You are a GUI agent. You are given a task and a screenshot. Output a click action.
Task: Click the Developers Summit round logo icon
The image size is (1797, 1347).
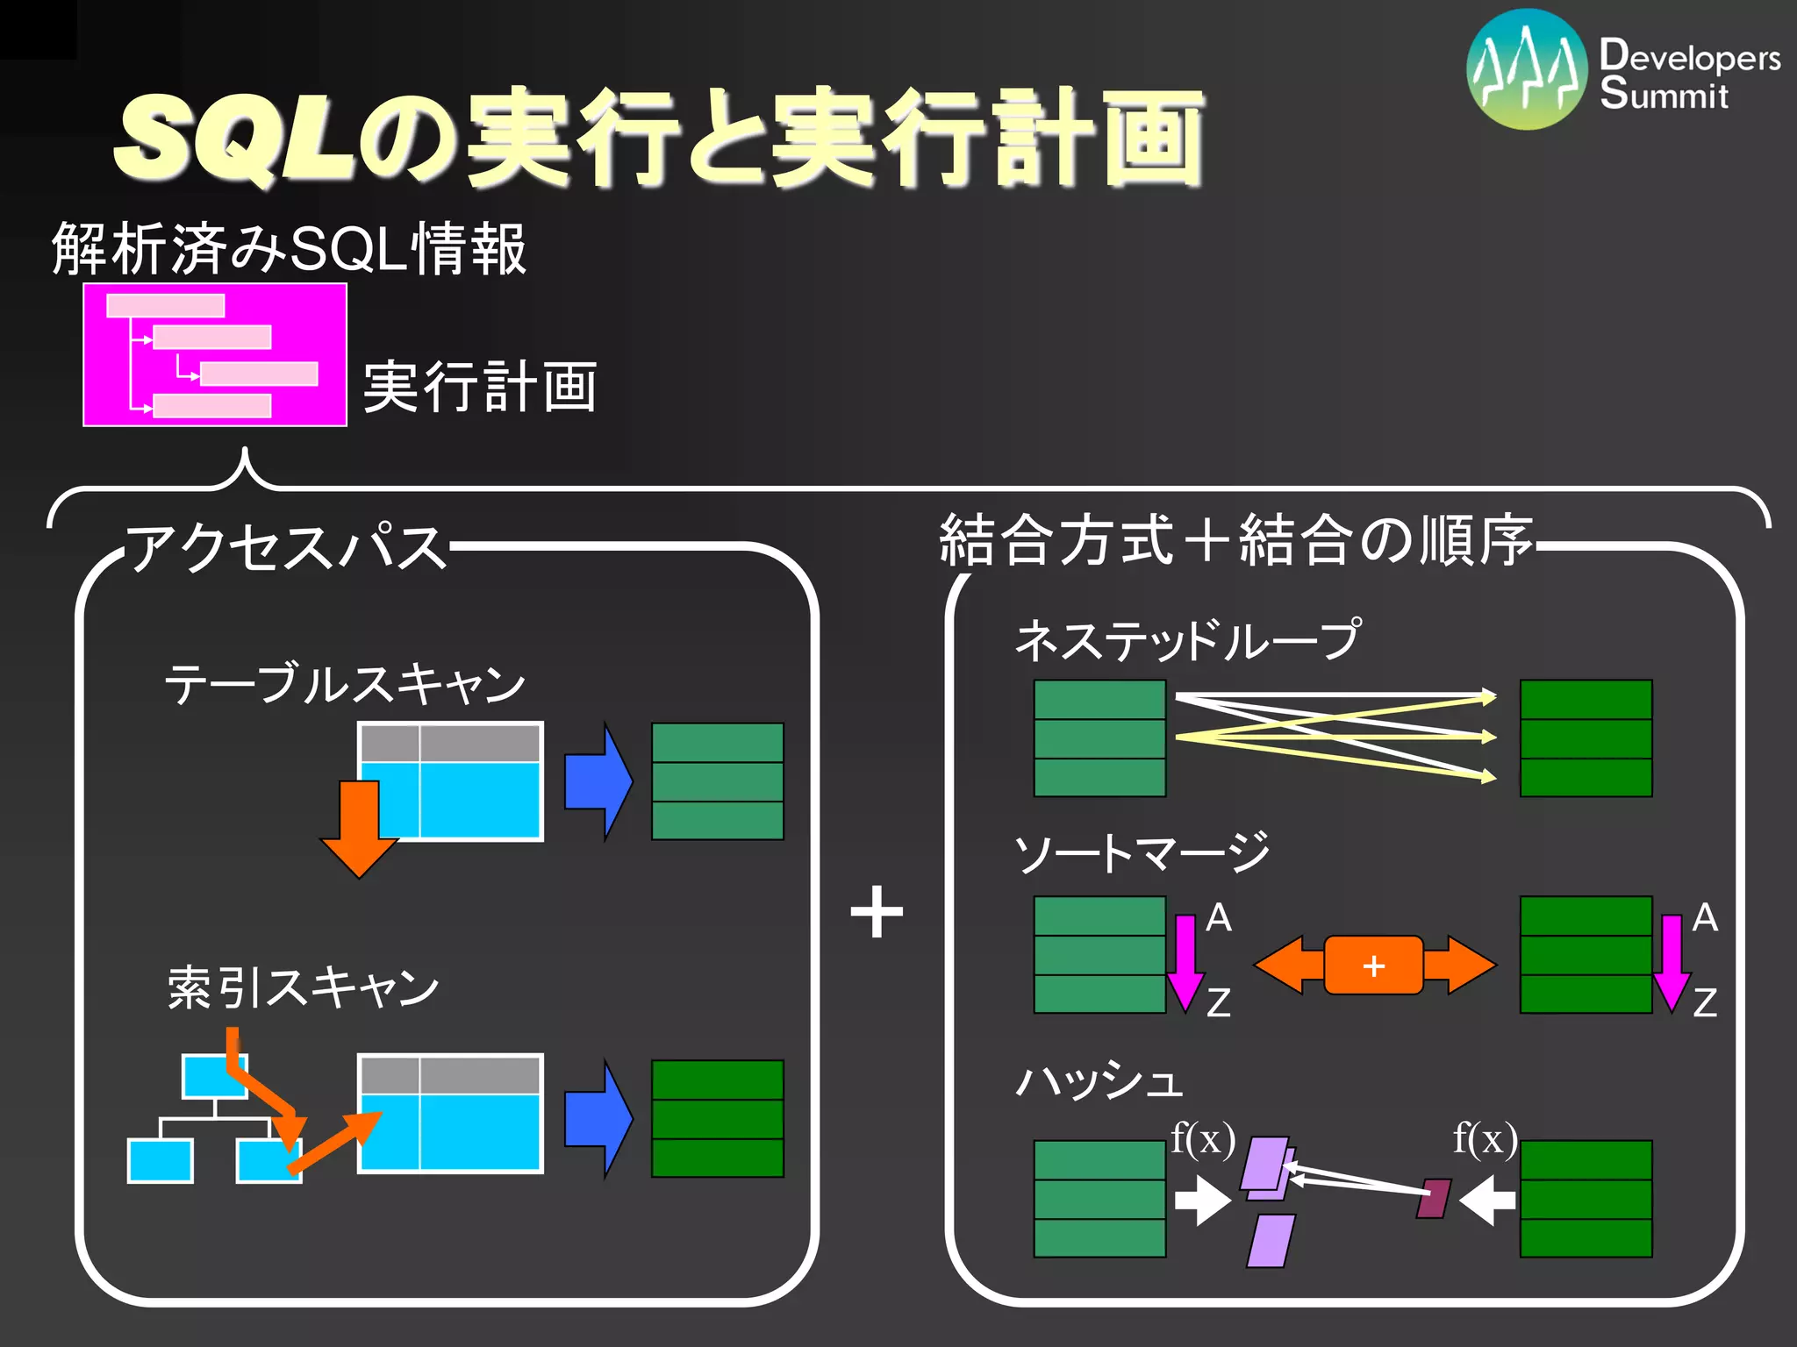coord(1527,70)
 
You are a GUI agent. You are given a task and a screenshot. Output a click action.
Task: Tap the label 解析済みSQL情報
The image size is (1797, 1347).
coord(290,249)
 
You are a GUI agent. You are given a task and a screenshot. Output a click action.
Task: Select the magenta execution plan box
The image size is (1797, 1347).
coord(215,354)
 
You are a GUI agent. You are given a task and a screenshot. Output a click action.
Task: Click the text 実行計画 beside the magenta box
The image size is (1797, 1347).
coord(480,387)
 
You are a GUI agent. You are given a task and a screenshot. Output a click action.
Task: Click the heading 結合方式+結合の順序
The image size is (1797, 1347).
coord(1235,540)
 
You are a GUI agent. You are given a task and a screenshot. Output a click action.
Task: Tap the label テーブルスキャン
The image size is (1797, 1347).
coord(345,684)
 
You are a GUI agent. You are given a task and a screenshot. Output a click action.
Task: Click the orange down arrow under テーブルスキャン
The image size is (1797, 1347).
coord(359,829)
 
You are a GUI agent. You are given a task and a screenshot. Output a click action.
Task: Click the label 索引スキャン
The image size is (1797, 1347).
coord(303,987)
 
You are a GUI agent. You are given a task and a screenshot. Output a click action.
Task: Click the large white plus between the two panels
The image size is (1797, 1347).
coord(877,912)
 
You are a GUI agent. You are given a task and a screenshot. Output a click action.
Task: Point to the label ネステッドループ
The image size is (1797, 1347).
coord(1188,640)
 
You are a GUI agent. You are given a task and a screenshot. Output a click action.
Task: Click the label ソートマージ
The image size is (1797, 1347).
coord(1142,853)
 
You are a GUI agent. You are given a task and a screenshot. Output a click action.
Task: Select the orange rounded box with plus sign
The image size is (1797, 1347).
coord(1373,966)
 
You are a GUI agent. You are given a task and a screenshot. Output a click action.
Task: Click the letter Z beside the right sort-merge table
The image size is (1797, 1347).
coord(1704,1002)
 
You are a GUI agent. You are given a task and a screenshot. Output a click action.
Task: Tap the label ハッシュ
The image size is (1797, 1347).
coord(1099,1080)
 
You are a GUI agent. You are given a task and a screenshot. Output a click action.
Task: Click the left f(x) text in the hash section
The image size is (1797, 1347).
coord(1203,1139)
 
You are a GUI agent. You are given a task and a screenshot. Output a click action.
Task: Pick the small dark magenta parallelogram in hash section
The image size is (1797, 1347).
coord(1433,1199)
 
